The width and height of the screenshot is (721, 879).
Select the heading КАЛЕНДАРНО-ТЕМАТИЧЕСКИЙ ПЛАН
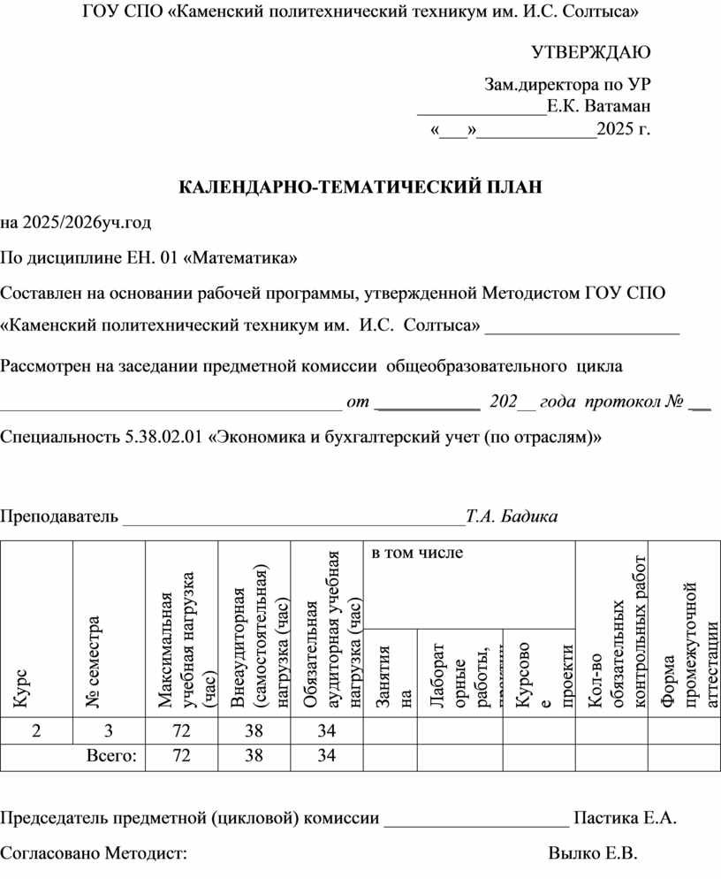(x=360, y=187)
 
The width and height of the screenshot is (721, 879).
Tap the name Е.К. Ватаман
(x=599, y=107)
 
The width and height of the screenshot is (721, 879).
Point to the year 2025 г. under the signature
(x=624, y=131)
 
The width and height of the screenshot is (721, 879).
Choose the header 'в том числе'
(x=416, y=554)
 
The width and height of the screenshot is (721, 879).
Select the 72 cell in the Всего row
(x=180, y=756)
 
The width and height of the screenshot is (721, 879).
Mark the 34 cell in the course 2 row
(x=326, y=731)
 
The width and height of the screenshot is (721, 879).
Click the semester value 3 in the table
(x=109, y=731)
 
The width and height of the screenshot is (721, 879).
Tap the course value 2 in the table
(x=36, y=731)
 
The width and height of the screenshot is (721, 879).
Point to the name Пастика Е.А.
(x=626, y=818)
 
